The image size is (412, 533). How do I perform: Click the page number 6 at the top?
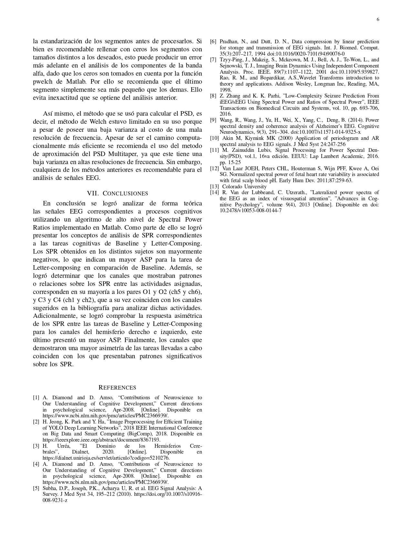pos(378,19)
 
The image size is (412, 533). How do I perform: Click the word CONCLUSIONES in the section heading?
pos(125,193)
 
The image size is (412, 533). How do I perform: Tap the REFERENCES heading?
pos(117,388)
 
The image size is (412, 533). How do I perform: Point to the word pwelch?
pos(43,81)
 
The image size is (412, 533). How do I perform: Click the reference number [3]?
pos(36,446)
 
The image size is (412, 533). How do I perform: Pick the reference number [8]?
pos(213,96)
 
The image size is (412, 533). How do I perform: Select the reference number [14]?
pos(214,193)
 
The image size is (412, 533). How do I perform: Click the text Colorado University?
pos(244,186)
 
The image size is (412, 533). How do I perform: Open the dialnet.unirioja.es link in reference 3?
pos(106,458)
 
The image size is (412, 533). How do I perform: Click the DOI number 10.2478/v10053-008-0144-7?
pos(250,211)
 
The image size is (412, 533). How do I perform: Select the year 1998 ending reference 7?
pos(226,90)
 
